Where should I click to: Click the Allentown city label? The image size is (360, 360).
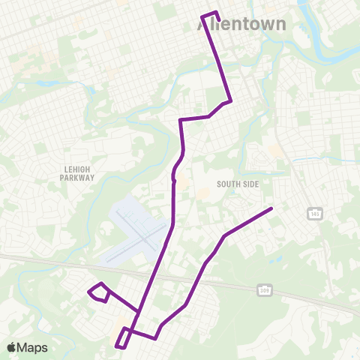coord(242,24)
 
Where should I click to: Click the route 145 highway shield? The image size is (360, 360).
coord(313,215)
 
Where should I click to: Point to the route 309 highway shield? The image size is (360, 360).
coord(264,289)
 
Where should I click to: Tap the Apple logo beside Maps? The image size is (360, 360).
coord(11,347)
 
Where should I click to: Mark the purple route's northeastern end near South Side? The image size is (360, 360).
coord(271,208)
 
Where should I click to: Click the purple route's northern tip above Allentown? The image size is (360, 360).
coord(209,14)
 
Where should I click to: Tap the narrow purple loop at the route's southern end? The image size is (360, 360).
coord(121,337)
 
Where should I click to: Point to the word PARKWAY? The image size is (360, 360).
coord(78,178)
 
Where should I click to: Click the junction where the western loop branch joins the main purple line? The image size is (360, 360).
coord(139,311)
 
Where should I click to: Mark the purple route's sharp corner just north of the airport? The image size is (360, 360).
coord(181,119)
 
